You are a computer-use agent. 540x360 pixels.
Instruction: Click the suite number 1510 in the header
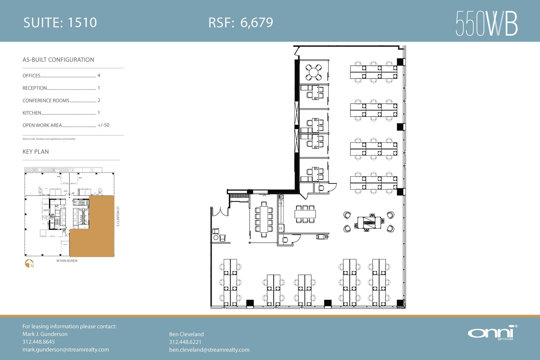(x=82, y=22)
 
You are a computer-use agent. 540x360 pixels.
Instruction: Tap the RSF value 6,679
(x=257, y=22)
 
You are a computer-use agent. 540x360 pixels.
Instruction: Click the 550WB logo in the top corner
(x=486, y=23)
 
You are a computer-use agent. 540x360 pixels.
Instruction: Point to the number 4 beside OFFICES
(x=99, y=75)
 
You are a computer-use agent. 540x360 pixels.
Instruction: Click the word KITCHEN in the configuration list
(x=32, y=113)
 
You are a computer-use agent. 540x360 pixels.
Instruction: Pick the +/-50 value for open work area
(x=103, y=125)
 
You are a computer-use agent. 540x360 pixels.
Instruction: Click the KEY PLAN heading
(x=36, y=152)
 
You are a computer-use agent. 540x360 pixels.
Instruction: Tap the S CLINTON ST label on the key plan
(x=118, y=216)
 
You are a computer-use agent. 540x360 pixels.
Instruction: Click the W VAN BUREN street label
(x=67, y=261)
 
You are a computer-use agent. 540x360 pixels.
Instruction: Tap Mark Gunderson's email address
(x=66, y=349)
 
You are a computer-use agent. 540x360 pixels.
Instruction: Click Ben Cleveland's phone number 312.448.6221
(x=185, y=342)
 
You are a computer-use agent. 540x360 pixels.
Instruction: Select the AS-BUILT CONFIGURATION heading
(x=58, y=60)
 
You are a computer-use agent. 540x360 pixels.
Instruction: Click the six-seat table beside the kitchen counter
(x=305, y=214)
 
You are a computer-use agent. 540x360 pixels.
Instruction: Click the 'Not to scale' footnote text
(x=49, y=139)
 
